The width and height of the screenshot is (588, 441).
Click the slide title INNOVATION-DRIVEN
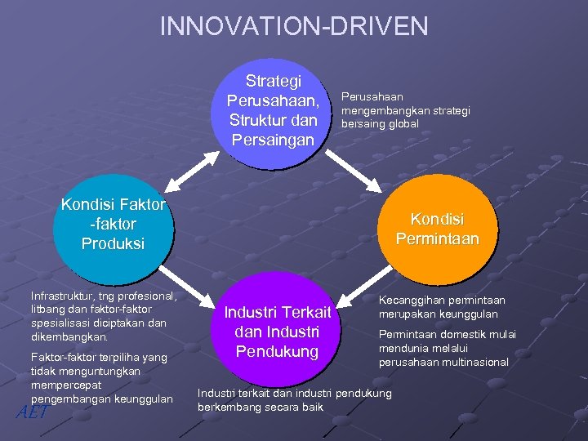293,26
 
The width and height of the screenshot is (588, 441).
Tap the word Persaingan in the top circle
273,140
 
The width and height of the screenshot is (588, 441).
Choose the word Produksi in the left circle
113,243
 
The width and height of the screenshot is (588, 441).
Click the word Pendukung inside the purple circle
277,352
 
